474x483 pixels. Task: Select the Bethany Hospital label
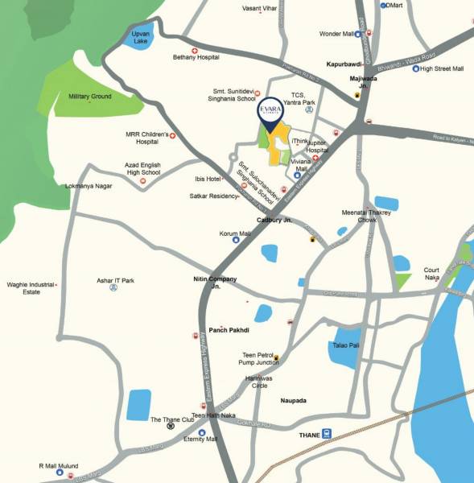196,58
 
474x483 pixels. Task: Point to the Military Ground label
89,97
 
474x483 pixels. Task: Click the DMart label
394,5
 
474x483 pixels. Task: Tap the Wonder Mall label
337,34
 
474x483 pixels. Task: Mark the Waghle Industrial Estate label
30,288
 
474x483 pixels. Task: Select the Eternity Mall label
201,440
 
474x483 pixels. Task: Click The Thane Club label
172,419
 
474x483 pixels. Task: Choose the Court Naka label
432,274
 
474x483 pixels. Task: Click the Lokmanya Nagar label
88,186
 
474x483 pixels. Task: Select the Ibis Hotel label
207,178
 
